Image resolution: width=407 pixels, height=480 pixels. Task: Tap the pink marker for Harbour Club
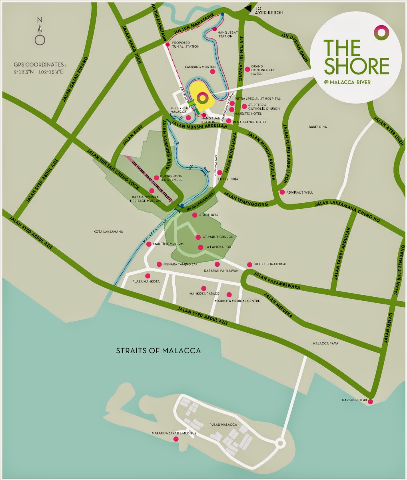[x=370, y=402]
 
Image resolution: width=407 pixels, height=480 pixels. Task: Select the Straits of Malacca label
[x=158, y=351]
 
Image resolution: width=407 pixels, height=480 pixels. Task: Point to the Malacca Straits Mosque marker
[x=176, y=439]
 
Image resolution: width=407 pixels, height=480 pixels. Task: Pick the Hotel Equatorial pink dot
[x=249, y=264]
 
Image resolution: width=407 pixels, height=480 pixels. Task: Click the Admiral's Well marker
[x=282, y=192]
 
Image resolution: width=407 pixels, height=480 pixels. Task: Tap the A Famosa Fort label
[x=219, y=247]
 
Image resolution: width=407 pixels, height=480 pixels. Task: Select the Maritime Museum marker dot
[x=149, y=244]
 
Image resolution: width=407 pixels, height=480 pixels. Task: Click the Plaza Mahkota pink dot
[x=148, y=276]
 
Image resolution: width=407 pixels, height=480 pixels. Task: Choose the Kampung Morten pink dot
[x=212, y=72]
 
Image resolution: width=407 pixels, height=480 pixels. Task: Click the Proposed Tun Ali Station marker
[x=168, y=44]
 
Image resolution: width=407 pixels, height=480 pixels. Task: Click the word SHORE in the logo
[x=356, y=66]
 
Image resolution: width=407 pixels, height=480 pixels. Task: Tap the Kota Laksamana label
[x=108, y=232]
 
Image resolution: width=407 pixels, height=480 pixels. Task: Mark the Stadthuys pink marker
[x=195, y=215]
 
